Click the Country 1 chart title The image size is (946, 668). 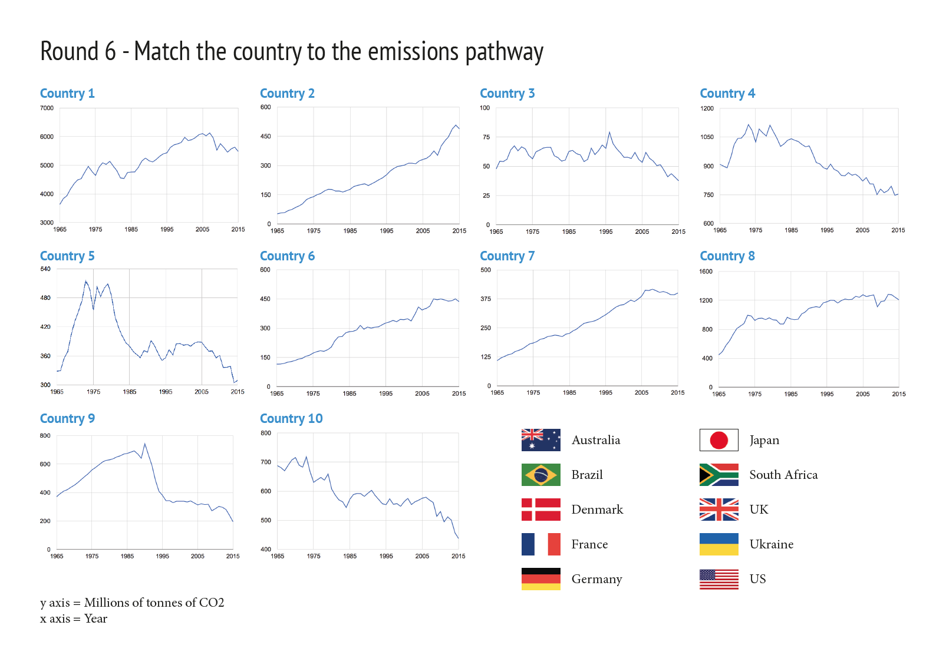coord(67,93)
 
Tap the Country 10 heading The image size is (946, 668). coord(291,418)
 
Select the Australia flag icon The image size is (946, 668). coord(540,439)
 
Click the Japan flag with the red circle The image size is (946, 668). coord(719,439)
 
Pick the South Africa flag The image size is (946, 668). coord(719,475)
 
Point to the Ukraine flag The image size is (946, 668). coord(719,544)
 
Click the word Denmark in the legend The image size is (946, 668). coord(597,510)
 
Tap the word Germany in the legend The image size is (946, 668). coord(596,579)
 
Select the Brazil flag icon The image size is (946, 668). coord(540,475)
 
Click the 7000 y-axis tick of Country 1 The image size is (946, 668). coord(47,108)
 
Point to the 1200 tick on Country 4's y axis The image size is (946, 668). coord(707,108)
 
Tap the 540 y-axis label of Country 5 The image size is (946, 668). coord(45,269)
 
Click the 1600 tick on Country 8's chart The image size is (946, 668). coord(706,272)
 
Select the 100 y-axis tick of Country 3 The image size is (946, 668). coord(485,108)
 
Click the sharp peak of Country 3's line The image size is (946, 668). coord(609,132)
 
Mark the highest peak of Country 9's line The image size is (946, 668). coord(144,444)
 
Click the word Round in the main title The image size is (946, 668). coord(70,51)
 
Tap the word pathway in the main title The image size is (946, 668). coord(505,53)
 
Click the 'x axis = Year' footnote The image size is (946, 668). coord(74,619)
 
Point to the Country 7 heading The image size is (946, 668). coord(507,256)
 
